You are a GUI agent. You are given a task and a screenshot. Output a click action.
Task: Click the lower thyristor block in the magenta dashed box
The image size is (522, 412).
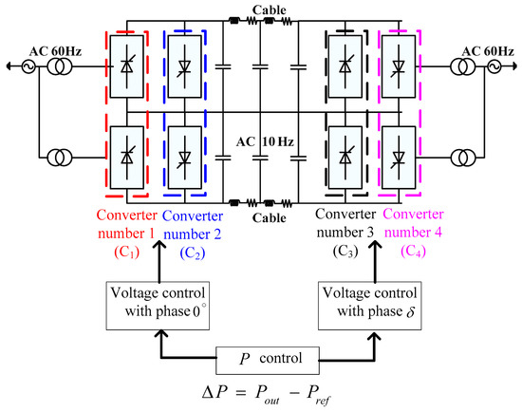click(398, 152)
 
